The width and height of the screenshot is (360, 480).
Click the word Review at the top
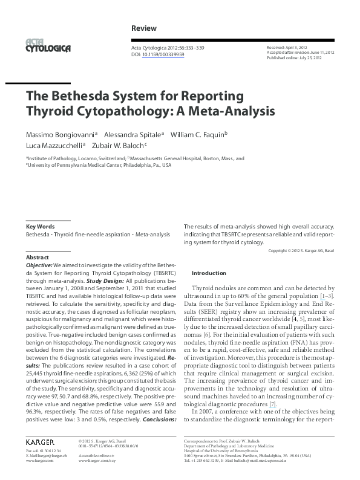[x=144, y=28]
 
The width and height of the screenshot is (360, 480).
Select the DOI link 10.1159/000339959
[x=163, y=54]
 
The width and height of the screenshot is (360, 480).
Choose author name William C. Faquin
[x=197, y=134]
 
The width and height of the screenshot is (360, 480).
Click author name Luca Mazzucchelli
[x=54, y=146]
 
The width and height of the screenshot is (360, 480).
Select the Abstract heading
[x=38, y=257]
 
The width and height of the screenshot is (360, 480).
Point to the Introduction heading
[x=208, y=273]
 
